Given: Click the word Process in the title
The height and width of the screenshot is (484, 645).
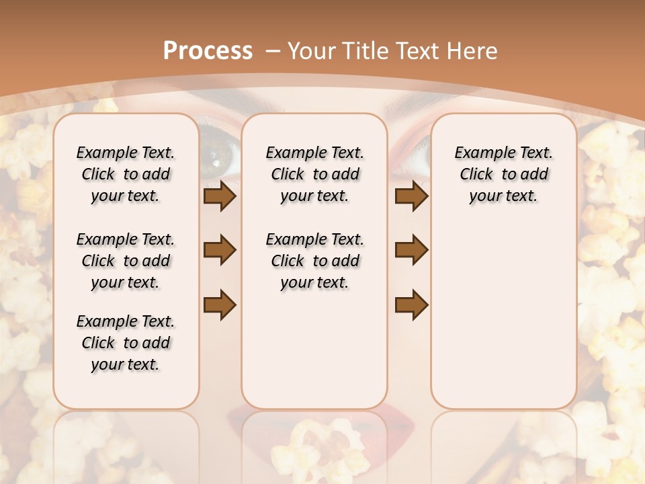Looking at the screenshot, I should click(208, 50).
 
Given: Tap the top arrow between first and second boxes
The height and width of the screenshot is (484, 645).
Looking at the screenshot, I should click(220, 196).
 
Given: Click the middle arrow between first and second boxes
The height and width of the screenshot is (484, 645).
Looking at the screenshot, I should click(220, 250).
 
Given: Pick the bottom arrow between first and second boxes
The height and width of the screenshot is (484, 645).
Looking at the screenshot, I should click(220, 305).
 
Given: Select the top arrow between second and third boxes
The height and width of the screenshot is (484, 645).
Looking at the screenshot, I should click(411, 196).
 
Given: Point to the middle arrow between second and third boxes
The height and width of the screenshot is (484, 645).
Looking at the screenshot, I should click(411, 250).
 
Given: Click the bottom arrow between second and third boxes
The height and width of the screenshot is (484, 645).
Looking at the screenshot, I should click(411, 305).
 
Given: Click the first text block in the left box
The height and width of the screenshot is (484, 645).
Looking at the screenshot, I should click(126, 174).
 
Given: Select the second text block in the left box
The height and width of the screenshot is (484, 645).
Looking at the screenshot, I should click(126, 261).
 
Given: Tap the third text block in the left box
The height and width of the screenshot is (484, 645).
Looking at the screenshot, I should click(126, 343).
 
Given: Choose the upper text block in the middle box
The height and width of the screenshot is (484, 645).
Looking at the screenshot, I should click(314, 174).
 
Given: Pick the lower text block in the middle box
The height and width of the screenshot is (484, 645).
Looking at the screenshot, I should click(314, 261).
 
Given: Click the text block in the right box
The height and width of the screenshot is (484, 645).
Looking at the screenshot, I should click(503, 174).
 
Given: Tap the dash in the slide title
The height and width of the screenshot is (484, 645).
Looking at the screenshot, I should click(273, 50).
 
